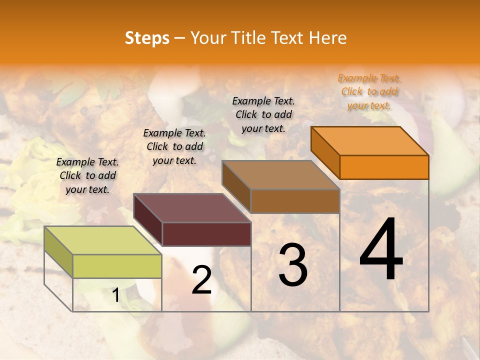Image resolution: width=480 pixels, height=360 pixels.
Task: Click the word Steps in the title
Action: (x=147, y=38)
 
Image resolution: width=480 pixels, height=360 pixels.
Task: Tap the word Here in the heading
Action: (x=328, y=38)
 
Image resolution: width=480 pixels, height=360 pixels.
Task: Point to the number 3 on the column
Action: (x=293, y=265)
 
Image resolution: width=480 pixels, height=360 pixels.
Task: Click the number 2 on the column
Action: (x=201, y=280)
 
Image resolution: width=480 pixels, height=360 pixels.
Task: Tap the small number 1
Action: (x=115, y=295)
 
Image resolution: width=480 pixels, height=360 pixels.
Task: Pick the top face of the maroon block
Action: (x=192, y=208)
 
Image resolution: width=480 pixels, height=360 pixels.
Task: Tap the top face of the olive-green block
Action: (x=103, y=240)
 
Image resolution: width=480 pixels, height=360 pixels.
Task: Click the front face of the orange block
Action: (x=384, y=167)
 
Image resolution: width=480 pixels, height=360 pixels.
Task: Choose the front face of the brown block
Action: (x=295, y=201)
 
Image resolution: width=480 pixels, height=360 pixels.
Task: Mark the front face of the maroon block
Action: (x=206, y=234)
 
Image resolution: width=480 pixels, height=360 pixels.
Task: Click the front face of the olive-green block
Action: (x=117, y=266)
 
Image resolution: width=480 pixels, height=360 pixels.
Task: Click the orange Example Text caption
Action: (x=369, y=92)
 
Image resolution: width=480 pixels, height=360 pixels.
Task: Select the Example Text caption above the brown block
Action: (x=263, y=114)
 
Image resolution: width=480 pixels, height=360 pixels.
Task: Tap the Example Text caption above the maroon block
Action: (x=174, y=146)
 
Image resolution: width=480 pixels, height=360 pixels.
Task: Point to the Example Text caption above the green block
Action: (x=87, y=175)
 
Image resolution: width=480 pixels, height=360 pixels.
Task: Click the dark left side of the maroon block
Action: (x=148, y=219)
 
